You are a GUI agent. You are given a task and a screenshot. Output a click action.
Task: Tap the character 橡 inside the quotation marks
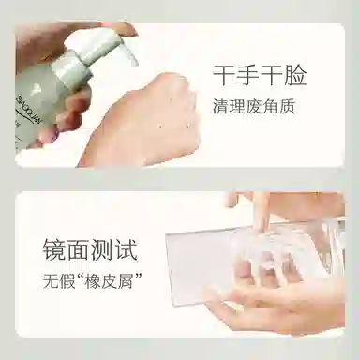[97, 281]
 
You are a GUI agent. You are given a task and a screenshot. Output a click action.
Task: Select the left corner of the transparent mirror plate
[170, 239]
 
